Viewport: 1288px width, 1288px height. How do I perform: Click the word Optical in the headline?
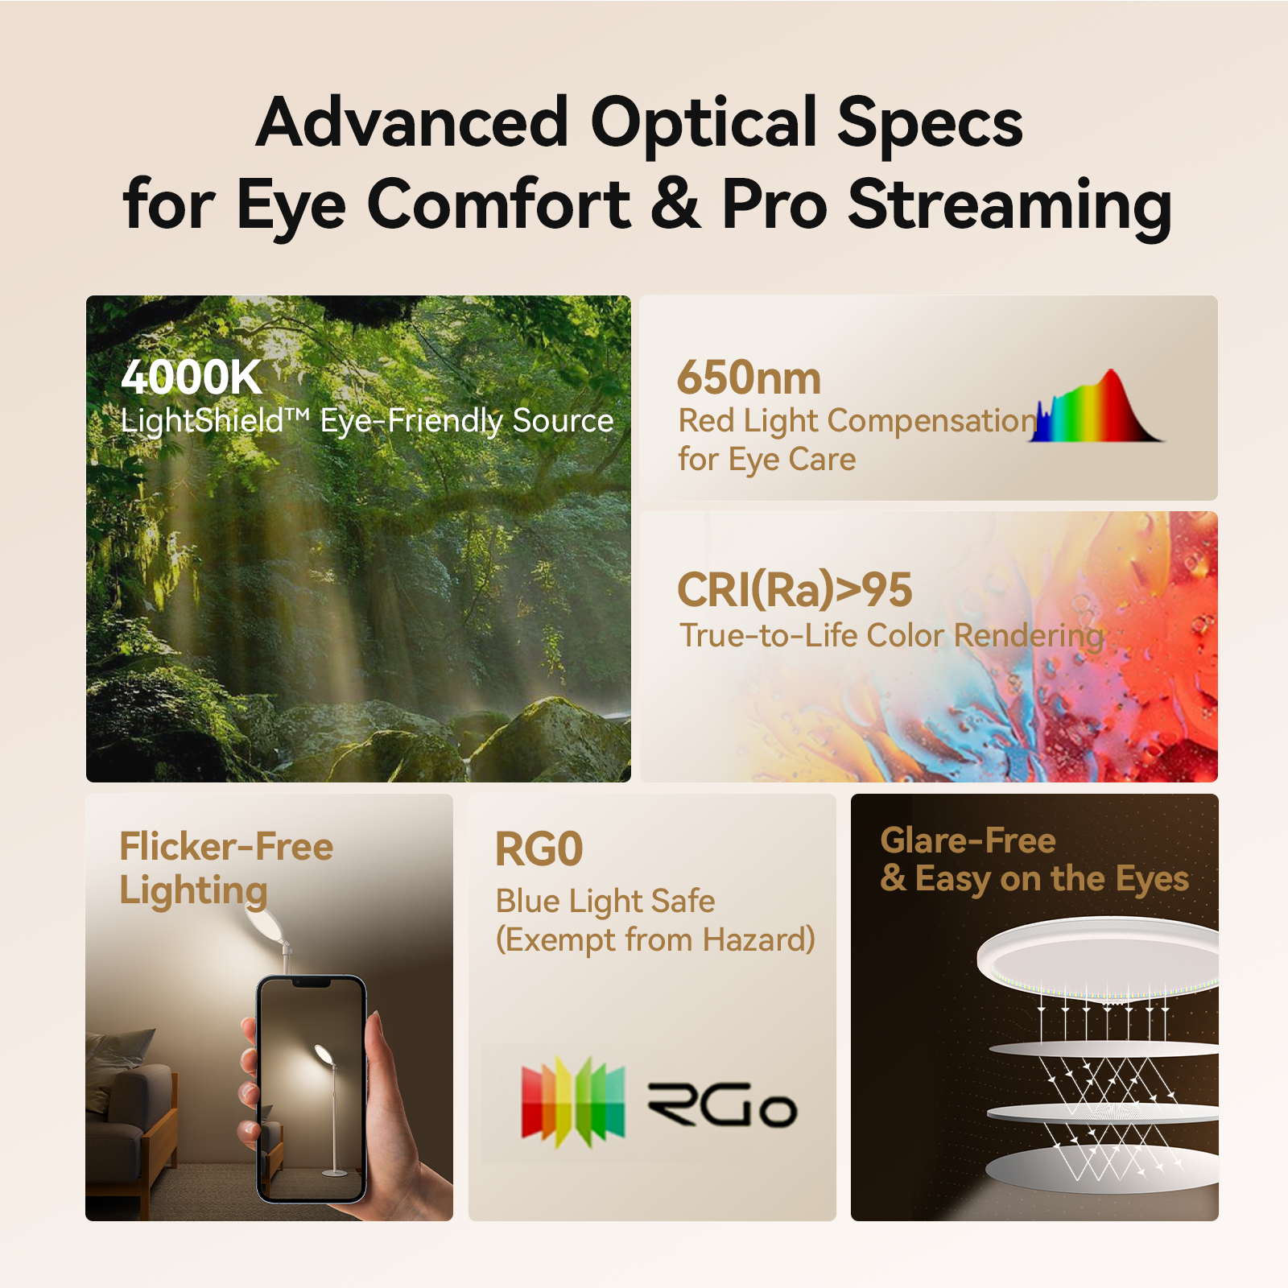click(704, 123)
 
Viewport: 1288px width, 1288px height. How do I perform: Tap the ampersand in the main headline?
click(675, 203)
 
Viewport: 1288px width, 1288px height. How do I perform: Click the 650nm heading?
click(749, 378)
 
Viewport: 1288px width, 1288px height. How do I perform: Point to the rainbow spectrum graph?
click(1098, 411)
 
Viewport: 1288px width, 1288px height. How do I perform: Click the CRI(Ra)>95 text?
click(795, 589)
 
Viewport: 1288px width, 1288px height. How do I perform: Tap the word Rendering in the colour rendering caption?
click(1028, 636)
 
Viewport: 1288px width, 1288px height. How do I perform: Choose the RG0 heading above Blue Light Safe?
click(539, 849)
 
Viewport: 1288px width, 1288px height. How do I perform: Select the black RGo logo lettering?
click(722, 1105)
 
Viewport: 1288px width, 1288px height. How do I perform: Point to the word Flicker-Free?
click(226, 847)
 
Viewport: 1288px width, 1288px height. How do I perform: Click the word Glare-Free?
click(968, 840)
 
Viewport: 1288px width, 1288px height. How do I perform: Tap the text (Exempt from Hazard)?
click(655, 939)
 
